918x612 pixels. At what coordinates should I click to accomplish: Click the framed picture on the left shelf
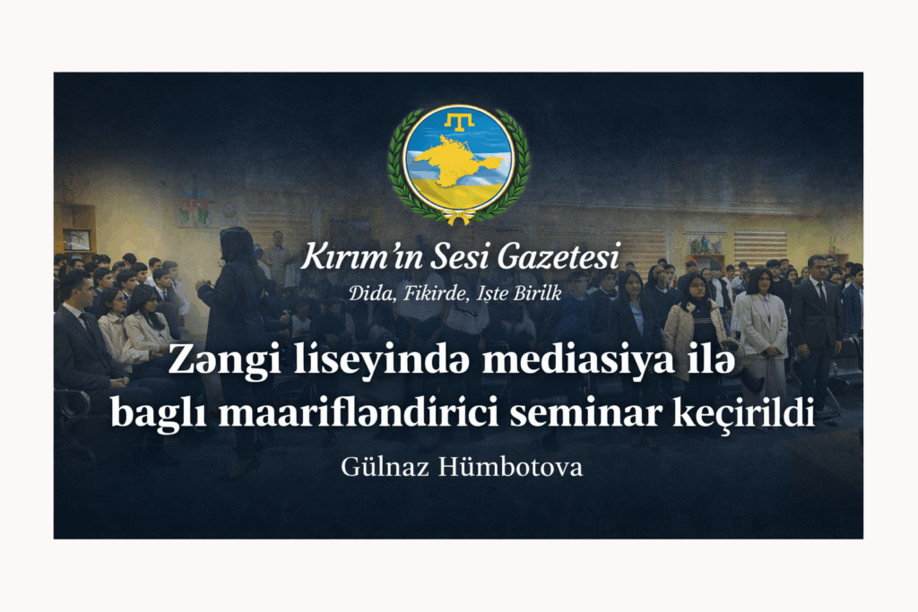(77, 239)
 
